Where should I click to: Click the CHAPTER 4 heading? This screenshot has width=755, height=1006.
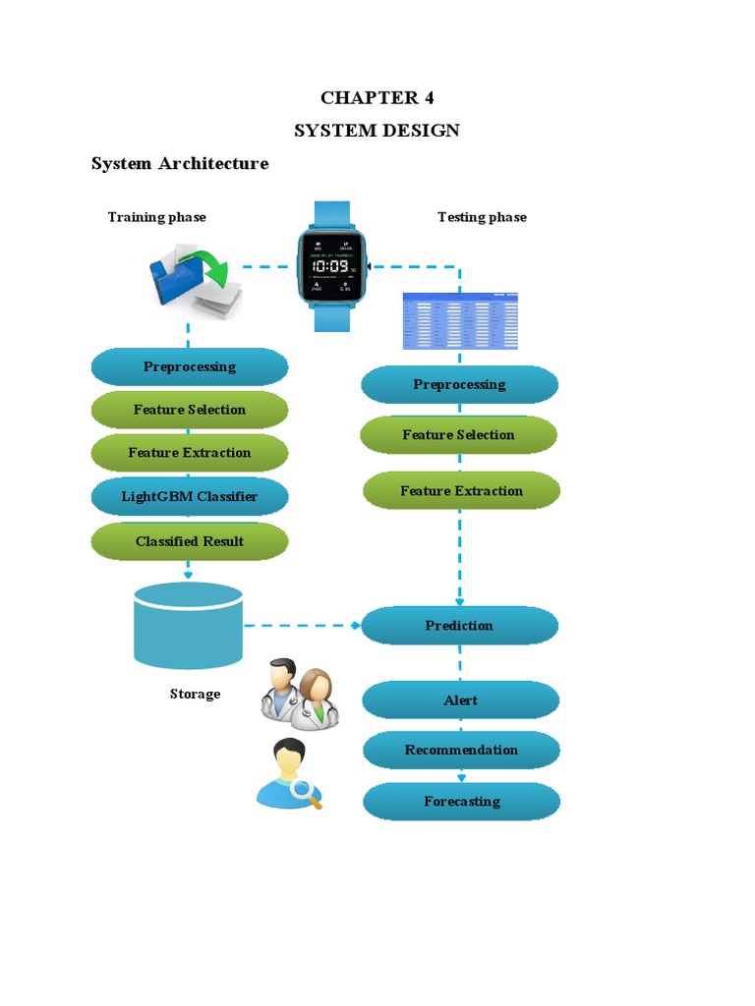coord(377,97)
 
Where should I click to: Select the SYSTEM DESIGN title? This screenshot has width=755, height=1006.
coord(377,131)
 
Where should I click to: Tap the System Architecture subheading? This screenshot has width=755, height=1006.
coord(180,163)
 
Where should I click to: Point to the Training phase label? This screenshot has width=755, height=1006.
coord(157,217)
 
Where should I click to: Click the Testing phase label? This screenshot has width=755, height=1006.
coord(482,217)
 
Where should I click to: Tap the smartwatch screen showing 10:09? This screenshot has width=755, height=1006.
coord(328,266)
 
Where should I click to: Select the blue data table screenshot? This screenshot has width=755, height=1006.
coord(460,321)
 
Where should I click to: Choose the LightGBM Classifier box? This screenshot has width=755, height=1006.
coord(190,496)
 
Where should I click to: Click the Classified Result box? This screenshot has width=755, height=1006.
coord(190,541)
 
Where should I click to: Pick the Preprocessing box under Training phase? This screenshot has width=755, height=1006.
coord(190,366)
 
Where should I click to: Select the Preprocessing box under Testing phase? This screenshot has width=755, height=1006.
coord(459,384)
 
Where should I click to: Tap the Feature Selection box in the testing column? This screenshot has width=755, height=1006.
coord(459,434)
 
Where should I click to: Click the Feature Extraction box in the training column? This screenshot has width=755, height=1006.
coord(190,453)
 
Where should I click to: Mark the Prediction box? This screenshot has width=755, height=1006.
coord(459,625)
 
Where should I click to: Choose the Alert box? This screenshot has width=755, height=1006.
coord(461,699)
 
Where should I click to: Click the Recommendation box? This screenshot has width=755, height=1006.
coord(461,750)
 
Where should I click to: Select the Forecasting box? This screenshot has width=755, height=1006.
coord(462,801)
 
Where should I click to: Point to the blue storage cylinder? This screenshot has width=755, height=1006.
coord(188,625)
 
